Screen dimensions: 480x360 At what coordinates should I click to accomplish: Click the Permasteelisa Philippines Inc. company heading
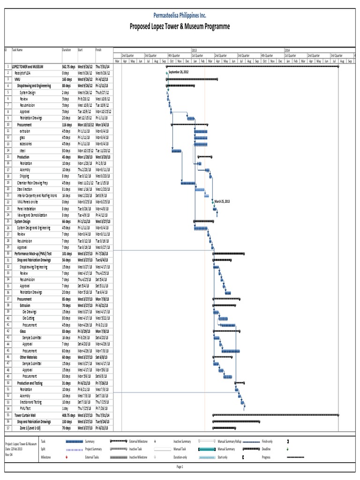[x=180, y=15]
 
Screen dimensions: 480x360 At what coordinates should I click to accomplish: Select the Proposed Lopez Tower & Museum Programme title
[x=180, y=27]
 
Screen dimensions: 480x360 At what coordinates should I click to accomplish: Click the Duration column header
[x=67, y=49]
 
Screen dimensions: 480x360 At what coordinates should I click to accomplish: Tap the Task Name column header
[x=17, y=49]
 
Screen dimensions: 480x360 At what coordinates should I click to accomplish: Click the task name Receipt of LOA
[x=22, y=73]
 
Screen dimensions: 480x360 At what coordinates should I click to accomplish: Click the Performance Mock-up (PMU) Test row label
[x=36, y=253]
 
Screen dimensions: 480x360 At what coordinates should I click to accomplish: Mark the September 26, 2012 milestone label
[x=178, y=73]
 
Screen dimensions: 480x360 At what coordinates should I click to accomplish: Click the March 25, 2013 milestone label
[x=222, y=201]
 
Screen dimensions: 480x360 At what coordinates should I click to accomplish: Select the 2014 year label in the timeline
[x=287, y=49]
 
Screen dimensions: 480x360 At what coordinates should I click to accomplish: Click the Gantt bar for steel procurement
[x=176, y=150]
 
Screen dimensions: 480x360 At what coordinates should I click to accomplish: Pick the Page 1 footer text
[x=180, y=467]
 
